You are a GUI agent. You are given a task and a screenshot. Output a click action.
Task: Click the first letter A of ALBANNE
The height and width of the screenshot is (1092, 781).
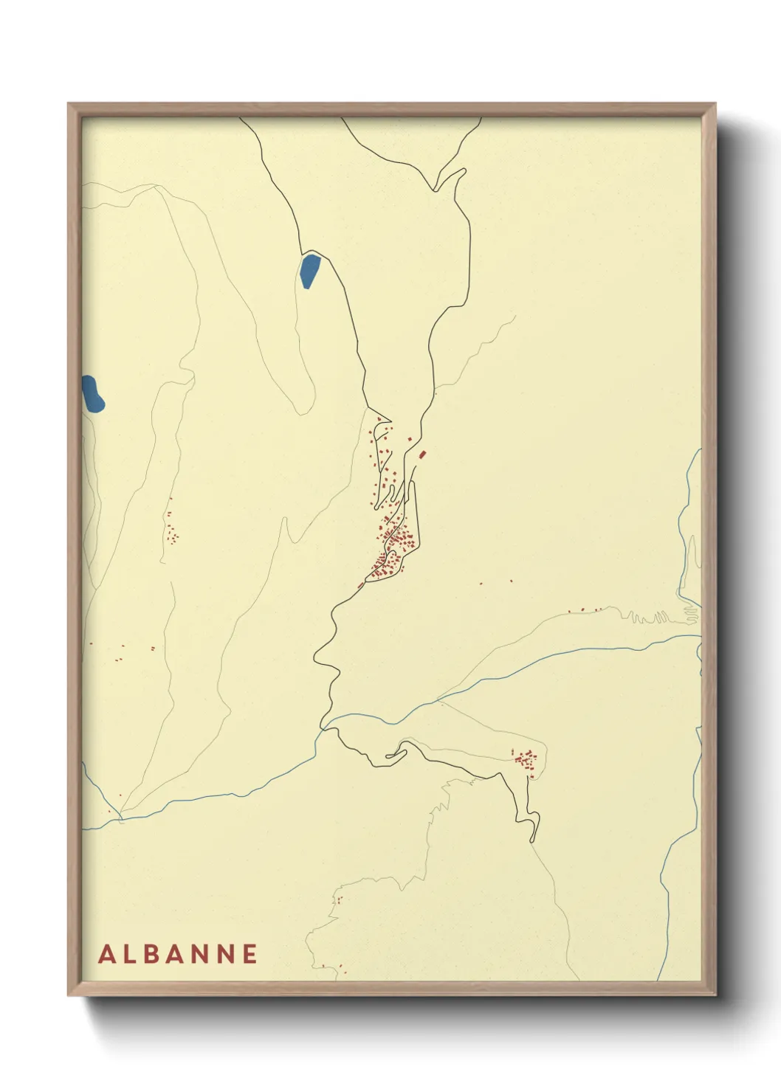(106, 954)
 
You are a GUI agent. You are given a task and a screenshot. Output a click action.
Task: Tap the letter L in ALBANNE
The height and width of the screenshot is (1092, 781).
(130, 954)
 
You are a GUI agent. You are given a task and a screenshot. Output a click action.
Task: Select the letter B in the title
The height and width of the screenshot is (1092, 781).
(152, 954)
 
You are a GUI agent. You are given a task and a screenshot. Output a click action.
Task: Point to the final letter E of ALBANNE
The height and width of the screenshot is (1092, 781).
(249, 954)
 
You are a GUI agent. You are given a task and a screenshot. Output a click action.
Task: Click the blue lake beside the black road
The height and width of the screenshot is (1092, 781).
(309, 271)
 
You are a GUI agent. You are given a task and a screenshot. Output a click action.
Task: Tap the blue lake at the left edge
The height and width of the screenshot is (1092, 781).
(92, 394)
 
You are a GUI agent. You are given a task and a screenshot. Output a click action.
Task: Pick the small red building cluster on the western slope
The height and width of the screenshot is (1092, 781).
(172, 531)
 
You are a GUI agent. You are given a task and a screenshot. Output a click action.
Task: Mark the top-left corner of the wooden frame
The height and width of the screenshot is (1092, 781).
(69, 104)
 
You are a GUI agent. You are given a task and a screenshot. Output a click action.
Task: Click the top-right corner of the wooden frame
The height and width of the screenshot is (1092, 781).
(716, 104)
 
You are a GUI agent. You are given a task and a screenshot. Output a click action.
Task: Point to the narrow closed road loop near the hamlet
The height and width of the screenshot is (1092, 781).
(396, 753)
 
